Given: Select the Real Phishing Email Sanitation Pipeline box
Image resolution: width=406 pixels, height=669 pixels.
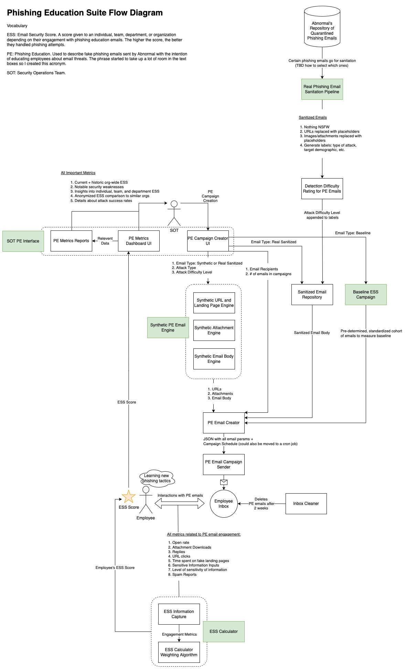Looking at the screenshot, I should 322,89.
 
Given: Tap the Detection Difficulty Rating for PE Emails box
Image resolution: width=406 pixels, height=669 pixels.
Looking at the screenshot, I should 322,188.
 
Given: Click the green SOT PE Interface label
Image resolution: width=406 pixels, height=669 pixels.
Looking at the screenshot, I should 23,241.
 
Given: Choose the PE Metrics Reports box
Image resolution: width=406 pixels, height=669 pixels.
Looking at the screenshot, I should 71,241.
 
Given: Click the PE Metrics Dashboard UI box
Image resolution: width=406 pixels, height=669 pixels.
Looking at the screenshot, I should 139,241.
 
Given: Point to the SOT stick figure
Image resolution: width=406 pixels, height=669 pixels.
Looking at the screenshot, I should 174,213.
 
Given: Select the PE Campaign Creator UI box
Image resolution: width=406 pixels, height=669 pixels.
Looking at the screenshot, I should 208,241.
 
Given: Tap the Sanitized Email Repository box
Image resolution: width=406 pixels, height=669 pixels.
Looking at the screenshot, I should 312,294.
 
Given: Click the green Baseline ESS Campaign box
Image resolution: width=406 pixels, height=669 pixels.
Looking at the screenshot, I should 366,294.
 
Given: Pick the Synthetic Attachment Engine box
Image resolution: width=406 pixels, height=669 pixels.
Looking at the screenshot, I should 214,330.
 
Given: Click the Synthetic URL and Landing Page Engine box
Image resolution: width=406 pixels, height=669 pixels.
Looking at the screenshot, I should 214,303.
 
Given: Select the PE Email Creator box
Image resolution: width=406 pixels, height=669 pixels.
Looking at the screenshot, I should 224,423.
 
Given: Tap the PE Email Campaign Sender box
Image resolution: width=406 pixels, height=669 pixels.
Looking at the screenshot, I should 224,464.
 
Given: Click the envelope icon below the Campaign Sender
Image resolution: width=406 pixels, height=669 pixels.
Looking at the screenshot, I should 224,482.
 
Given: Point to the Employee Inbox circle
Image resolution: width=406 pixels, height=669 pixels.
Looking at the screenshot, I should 224,504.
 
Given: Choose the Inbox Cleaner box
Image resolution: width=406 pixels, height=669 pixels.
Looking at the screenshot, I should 306,504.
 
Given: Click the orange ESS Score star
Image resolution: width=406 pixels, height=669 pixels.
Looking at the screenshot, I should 129,497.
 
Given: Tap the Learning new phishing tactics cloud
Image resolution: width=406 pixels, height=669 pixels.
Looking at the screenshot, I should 157,478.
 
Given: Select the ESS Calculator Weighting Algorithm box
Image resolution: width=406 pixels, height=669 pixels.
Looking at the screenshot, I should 179,652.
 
